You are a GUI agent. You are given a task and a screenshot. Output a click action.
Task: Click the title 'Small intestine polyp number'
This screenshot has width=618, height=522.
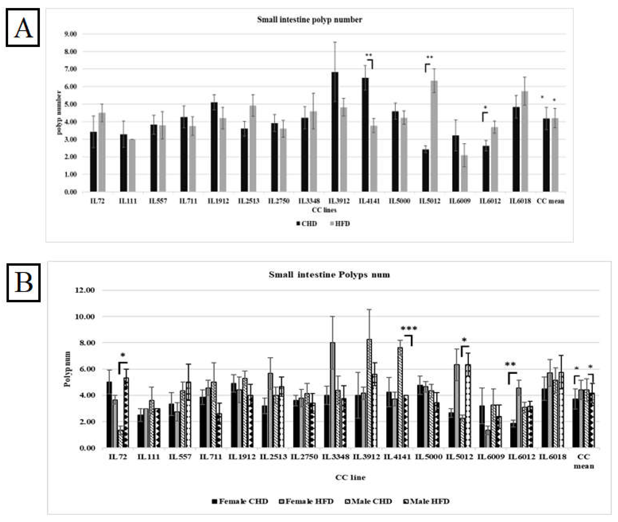(x=309, y=20)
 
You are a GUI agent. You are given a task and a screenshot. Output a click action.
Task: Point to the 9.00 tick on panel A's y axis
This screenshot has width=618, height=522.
(x=70, y=34)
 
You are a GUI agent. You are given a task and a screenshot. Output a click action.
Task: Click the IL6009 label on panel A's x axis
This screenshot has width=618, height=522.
(x=460, y=201)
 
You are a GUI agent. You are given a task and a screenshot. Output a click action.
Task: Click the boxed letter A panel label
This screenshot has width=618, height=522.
(x=23, y=27)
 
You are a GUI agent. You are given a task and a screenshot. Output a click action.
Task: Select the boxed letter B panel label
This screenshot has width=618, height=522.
(x=23, y=283)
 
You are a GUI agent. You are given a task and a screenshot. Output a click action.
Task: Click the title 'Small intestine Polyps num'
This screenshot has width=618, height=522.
(x=329, y=275)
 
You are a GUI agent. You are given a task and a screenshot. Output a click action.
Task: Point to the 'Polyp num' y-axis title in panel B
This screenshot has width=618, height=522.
(x=68, y=369)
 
